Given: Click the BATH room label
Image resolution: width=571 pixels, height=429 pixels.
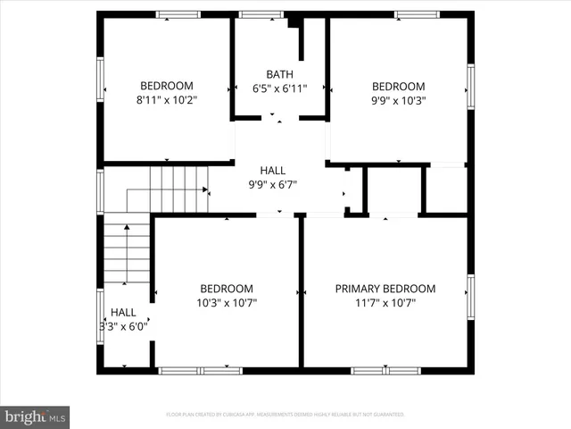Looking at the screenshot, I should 279,74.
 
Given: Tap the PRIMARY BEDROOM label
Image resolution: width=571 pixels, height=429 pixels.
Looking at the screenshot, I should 385,289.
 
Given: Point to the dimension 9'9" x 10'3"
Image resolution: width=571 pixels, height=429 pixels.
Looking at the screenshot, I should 398,100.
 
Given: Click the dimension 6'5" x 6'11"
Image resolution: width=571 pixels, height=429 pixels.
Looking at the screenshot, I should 279,88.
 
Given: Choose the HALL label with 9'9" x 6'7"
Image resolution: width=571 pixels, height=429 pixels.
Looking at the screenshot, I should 273,170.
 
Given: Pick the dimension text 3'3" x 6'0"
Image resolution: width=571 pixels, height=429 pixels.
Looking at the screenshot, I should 123,327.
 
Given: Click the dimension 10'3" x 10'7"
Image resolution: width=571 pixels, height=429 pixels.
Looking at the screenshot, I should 227,303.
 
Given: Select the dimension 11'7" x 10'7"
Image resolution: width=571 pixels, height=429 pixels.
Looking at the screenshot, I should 385,303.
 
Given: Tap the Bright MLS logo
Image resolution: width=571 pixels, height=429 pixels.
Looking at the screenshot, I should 36,416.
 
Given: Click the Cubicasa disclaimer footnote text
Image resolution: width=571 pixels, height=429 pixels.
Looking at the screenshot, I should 285,415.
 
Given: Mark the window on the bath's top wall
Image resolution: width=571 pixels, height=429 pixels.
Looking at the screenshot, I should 262,14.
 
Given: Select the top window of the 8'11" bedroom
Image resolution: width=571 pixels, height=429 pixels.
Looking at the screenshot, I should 177,14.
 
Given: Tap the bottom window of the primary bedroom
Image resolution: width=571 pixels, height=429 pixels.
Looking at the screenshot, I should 385,370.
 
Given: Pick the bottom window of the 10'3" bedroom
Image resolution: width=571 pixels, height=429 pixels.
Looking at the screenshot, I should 199,370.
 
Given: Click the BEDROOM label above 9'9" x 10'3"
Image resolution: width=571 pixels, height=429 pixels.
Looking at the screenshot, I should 398,86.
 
